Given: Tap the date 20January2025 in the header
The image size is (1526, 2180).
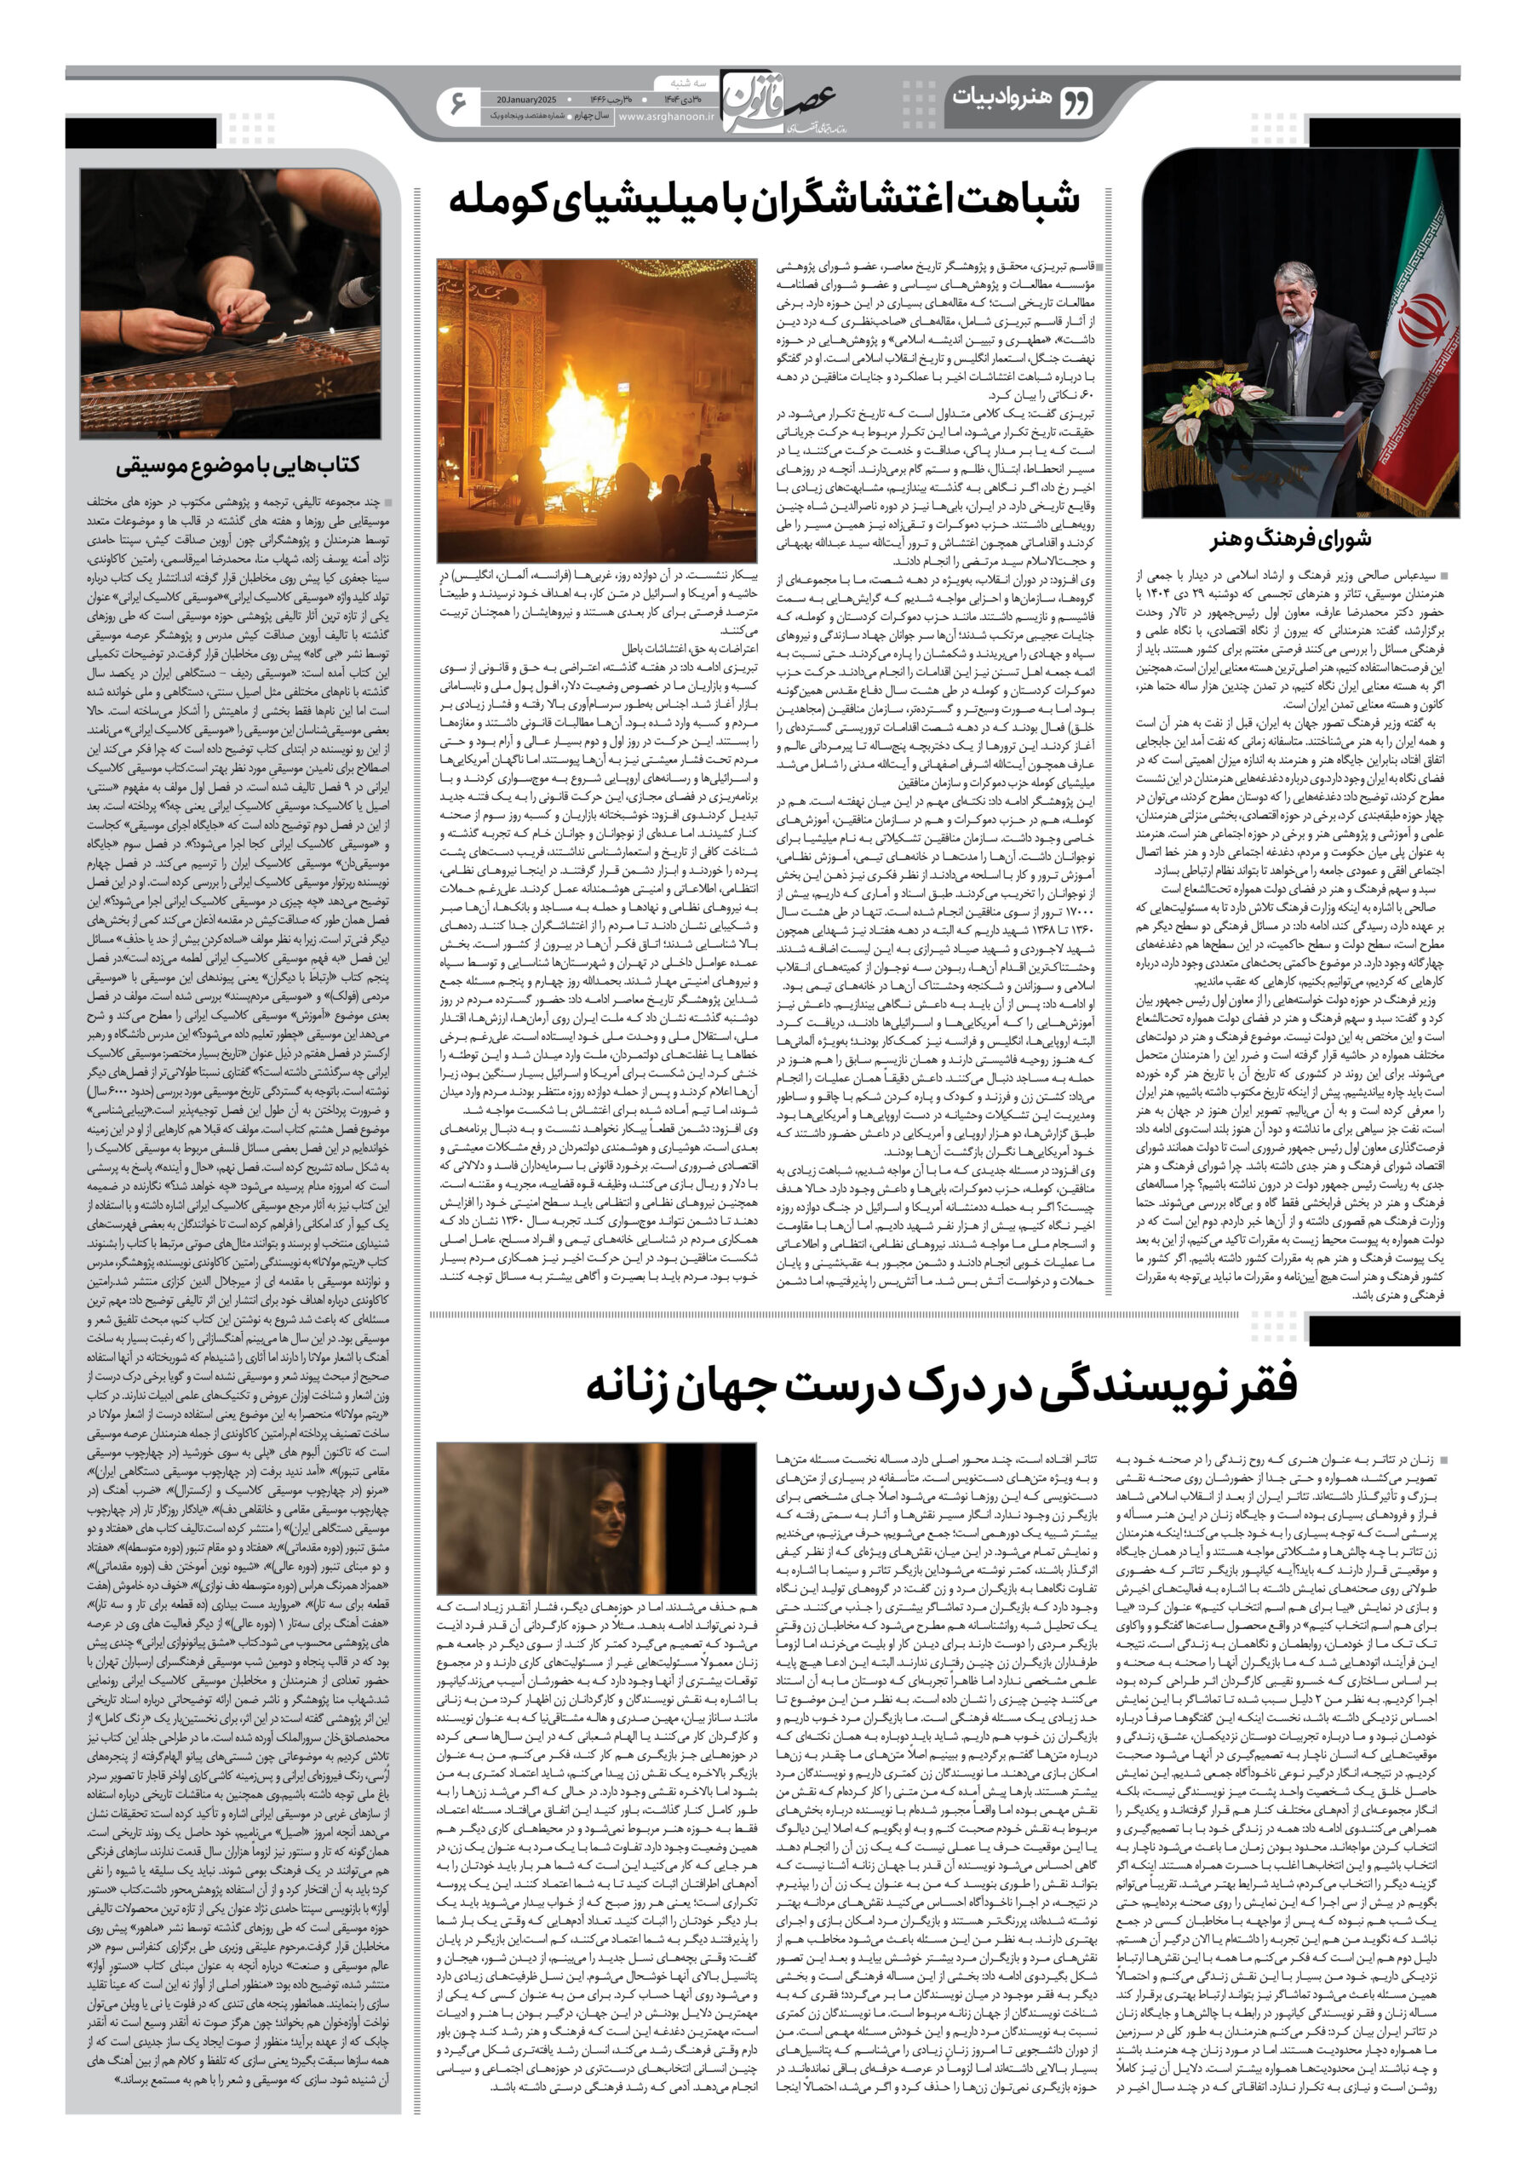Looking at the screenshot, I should (526, 99).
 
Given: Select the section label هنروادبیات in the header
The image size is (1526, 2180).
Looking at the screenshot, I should (999, 98).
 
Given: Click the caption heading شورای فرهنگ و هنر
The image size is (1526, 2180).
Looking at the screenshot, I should (1289, 539).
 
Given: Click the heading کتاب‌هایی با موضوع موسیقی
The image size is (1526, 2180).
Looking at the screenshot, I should (238, 465).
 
